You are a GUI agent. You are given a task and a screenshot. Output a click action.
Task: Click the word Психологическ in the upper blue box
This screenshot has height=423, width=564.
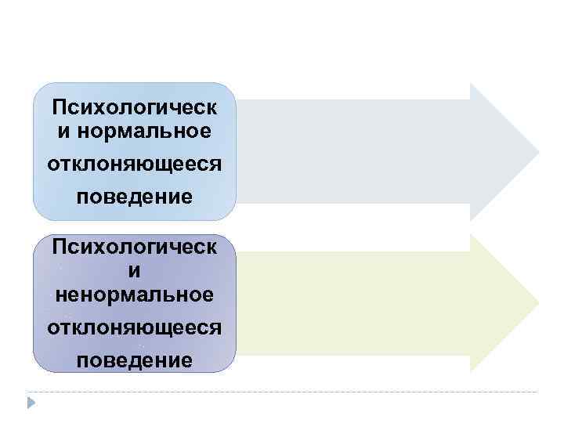[x=134, y=106]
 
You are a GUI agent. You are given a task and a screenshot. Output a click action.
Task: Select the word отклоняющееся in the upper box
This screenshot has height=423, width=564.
[x=134, y=165]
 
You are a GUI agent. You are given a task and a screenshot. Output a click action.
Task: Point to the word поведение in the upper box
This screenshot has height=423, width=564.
[x=134, y=196]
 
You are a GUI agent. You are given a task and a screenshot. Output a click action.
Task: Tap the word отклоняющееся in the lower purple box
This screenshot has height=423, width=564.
[x=134, y=326]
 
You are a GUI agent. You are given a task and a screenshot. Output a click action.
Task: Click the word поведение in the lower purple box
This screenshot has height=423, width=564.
[x=134, y=360]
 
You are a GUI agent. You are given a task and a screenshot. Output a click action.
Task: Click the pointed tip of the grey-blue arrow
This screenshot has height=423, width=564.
[x=538, y=151]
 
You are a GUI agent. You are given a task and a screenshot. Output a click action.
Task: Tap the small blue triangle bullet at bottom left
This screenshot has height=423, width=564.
[x=31, y=403]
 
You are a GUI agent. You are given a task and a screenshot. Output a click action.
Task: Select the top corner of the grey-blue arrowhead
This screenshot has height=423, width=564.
[x=471, y=84]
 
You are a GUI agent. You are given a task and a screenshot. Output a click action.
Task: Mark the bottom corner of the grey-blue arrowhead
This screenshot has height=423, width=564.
[x=471, y=220]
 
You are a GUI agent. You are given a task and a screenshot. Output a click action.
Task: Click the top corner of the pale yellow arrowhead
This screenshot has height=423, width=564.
[x=471, y=235]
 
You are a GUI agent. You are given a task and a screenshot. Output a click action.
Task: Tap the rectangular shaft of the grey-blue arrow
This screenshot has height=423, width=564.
[x=352, y=151]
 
